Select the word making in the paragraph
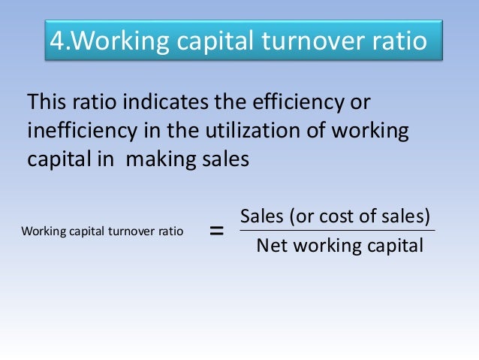pos(160,160)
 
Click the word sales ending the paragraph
pos(221,160)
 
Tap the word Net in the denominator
pos(270,245)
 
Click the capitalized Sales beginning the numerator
pos(260,217)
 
